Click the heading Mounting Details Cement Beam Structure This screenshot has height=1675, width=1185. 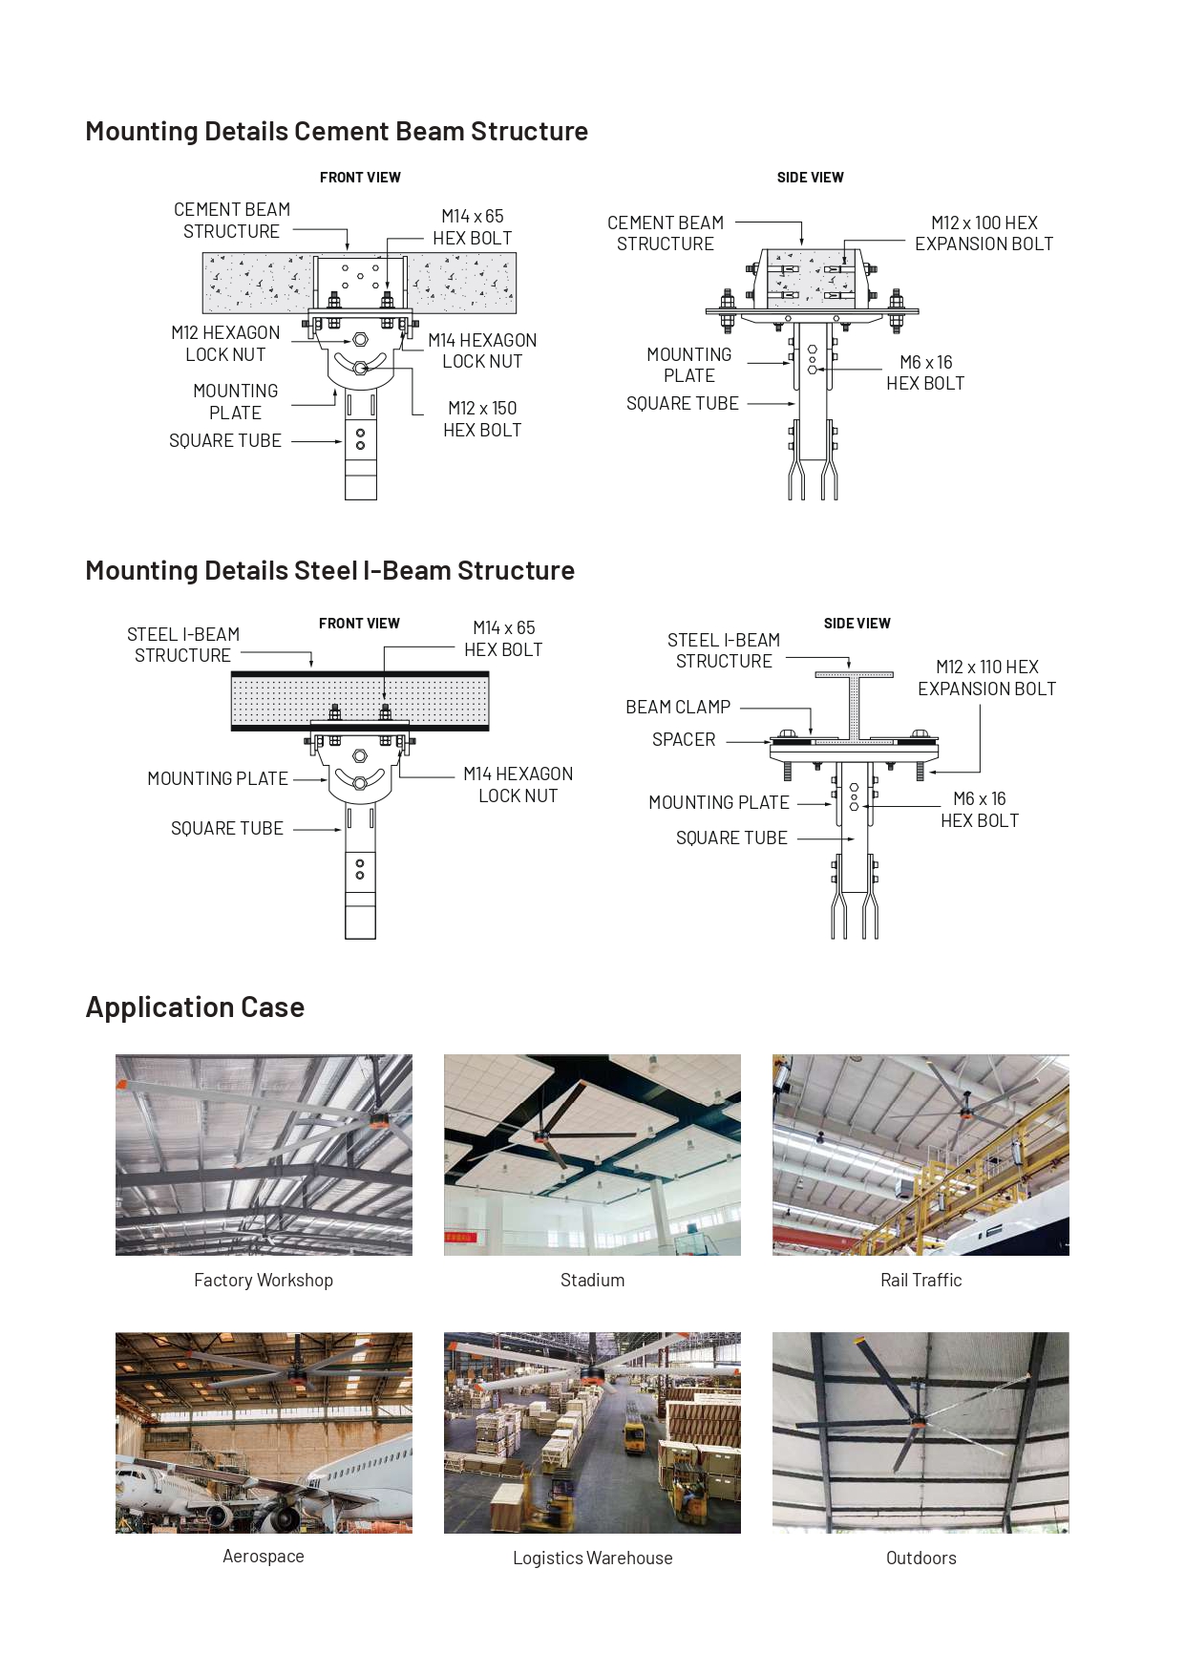pos(336,132)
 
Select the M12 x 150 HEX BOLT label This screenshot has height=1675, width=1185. pos(482,419)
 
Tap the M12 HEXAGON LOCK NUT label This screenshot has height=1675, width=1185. pos(225,344)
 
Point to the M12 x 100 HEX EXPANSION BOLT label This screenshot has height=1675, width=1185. pos(984,233)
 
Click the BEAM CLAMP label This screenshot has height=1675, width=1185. pos(678,708)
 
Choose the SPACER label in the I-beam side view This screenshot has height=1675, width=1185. pos(684,740)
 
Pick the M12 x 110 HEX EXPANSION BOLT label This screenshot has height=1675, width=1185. pos(986,678)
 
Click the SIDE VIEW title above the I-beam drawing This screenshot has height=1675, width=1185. pos(857,624)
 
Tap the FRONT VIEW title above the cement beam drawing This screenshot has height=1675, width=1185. pos(360,178)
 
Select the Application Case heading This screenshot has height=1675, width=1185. pos(195,1007)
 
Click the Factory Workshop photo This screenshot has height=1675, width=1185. pos(264,1155)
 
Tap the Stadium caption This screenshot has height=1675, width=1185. pos(592,1281)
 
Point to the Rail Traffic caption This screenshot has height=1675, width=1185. pos(920,1281)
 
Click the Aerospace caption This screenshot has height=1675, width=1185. pos(264,1557)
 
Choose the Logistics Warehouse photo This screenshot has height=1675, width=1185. pos(592,1432)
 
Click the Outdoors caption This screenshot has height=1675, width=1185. pos(920,1558)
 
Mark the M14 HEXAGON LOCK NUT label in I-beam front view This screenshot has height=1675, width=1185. pos(518,785)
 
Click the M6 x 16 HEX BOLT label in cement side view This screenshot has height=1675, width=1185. pos(925,373)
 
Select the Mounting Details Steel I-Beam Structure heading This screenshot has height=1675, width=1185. pos(329,571)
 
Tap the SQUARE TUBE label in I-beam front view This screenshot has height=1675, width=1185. pos(227,829)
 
